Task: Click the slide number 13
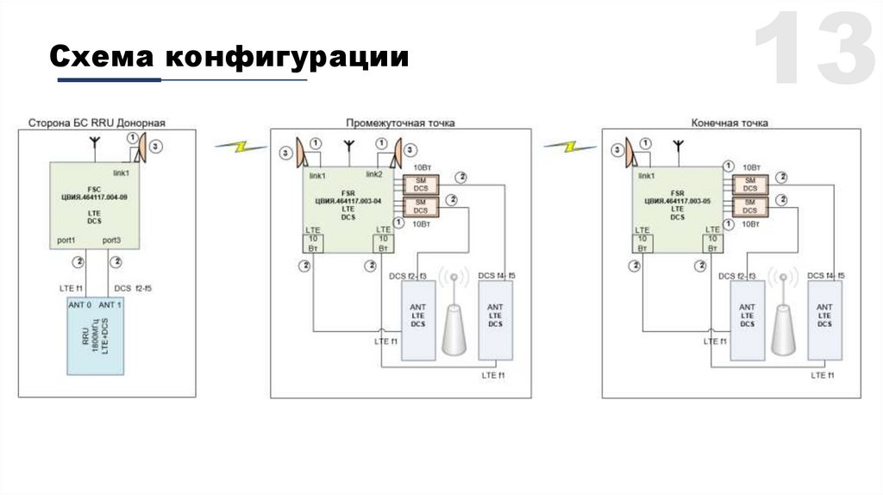coord(814,51)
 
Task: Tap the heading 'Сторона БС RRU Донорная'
coord(97,123)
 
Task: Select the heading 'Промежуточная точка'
coord(400,123)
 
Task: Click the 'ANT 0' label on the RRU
coord(79,304)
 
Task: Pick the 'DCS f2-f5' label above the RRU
coord(134,287)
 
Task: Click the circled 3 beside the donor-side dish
coord(154,148)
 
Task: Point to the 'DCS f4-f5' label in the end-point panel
coord(825,276)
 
